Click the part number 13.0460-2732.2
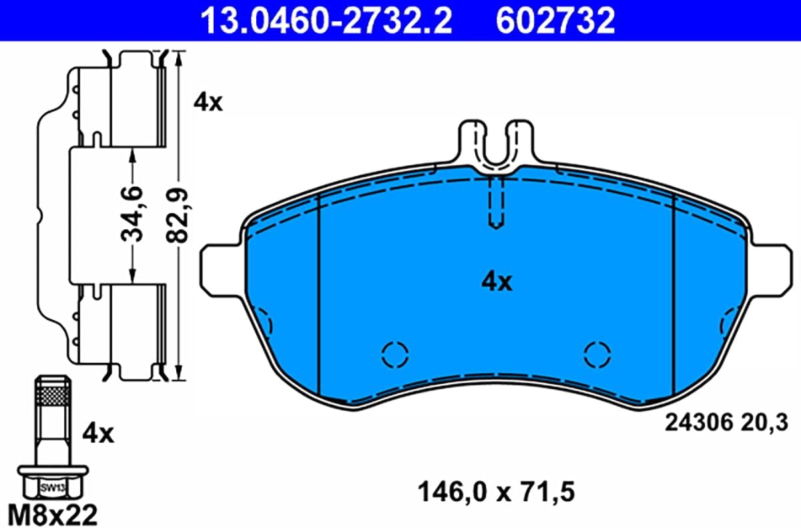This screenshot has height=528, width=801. (x=326, y=21)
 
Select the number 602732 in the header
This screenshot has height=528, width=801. (x=555, y=21)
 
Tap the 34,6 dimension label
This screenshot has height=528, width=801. (x=132, y=213)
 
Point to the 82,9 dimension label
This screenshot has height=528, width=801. (x=178, y=215)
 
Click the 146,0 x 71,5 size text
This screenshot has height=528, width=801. (x=497, y=492)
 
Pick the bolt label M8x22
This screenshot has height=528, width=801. (x=53, y=515)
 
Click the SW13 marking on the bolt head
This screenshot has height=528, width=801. (x=52, y=487)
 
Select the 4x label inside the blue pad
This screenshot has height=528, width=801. (x=497, y=282)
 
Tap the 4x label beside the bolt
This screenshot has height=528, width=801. (x=98, y=434)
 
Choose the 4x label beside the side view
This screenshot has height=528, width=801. (x=208, y=103)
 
